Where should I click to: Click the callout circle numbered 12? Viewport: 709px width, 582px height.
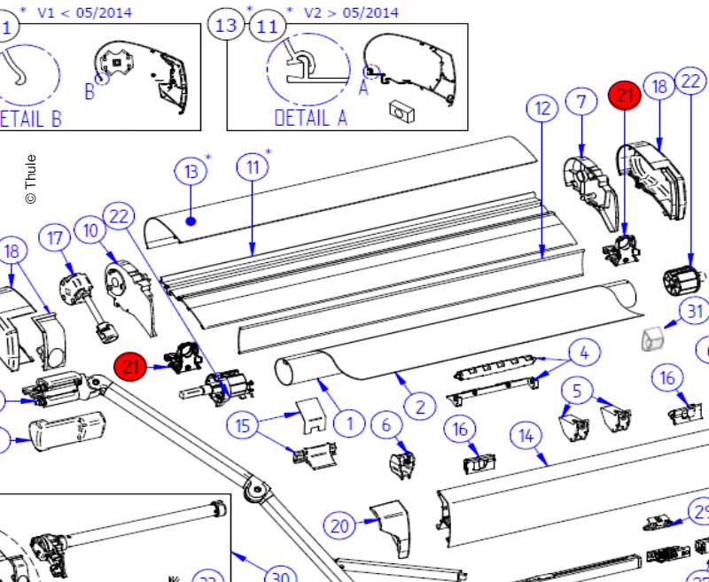pos(541,109)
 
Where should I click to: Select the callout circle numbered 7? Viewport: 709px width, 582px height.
pos(580,102)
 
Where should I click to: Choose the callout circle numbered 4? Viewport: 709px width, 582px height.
pos(583,353)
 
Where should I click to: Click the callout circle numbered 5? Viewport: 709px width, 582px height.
pos(578,389)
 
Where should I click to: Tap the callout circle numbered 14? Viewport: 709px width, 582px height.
pos(526,436)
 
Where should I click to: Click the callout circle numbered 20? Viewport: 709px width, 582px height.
pos(339,525)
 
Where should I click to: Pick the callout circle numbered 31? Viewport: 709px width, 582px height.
pos(695,311)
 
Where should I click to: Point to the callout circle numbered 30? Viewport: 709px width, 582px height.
pos(278,578)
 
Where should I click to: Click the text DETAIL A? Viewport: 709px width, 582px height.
pos(310,117)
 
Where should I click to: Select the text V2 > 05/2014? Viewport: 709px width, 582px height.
pos(351,13)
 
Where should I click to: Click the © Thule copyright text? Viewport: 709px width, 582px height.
pos(30,180)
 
